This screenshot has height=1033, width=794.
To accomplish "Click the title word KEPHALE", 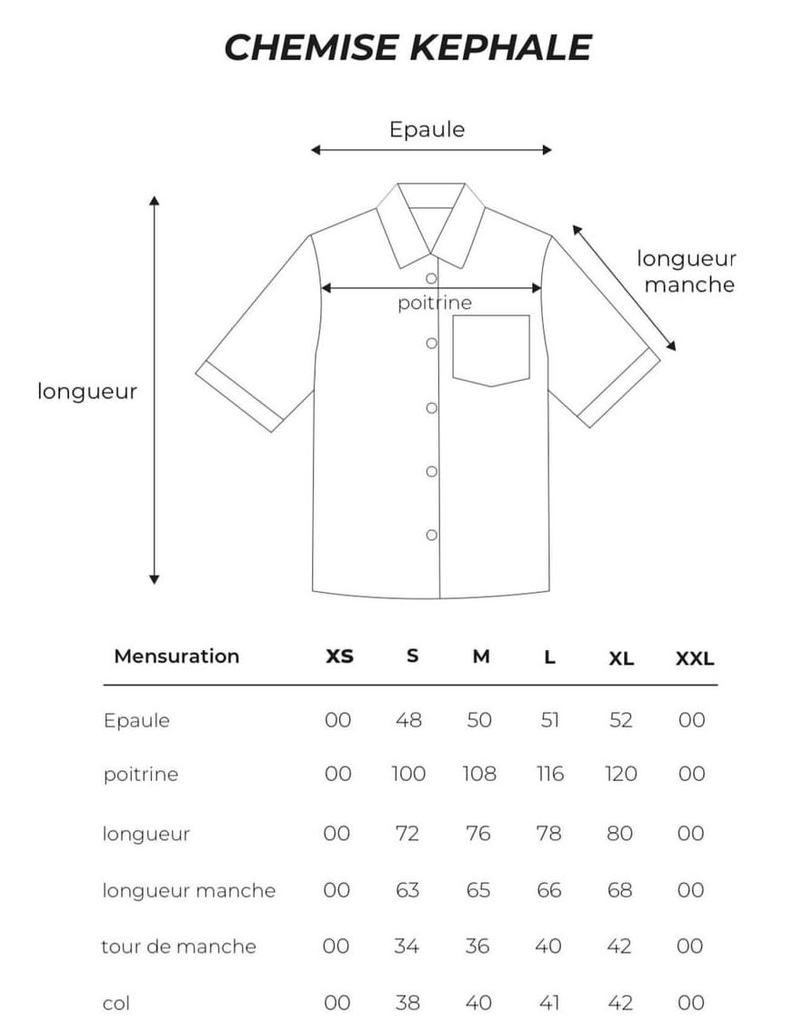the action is tap(501, 47).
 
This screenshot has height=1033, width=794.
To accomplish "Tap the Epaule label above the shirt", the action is tap(427, 129).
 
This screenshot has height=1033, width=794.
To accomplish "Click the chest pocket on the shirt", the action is tap(491, 350).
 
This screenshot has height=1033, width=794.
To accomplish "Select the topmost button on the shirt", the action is tap(432, 278).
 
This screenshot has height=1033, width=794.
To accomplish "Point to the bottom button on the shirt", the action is tap(432, 535).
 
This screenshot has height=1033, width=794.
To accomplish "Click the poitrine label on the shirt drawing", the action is tap(435, 303).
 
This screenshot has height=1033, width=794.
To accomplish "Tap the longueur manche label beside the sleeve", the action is tap(687, 271).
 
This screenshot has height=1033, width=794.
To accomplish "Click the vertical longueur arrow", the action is tap(155, 390).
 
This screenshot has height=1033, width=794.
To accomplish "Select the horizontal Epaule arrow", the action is tap(431, 150).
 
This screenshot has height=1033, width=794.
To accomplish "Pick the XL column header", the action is tap(620, 658).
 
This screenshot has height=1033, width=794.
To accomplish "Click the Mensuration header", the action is tap(176, 657).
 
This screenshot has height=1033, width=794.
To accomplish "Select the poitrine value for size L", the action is tap(549, 774).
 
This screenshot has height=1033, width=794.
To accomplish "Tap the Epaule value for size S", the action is tap(408, 720).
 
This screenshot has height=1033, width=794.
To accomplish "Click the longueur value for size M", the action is tap(477, 833).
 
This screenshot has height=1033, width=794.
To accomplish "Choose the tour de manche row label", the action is tap(178, 947).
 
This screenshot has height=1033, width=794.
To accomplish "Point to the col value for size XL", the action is tap(619, 1003).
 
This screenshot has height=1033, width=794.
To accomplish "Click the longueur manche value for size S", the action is tap(407, 890).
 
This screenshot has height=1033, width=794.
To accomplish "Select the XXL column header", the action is tap(695, 658).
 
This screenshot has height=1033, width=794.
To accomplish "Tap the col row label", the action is tap(116, 1003).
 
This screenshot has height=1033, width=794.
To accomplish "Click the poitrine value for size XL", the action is tap(620, 774).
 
